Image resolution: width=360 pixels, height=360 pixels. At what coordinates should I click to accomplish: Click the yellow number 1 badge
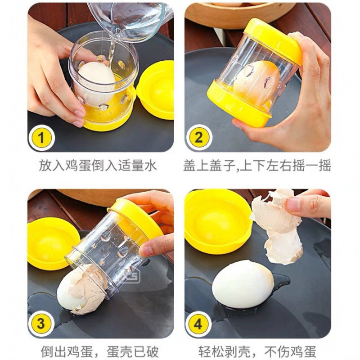pyautogui.click(x=41, y=138)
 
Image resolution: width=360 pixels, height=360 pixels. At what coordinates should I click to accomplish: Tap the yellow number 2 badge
pyautogui.click(x=199, y=138)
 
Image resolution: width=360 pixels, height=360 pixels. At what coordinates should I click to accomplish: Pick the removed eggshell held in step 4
pyautogui.click(x=275, y=227)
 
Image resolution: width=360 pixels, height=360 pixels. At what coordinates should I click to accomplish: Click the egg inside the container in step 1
pyautogui.click(x=96, y=81)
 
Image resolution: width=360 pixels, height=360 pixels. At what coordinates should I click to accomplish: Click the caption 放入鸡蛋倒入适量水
pyautogui.click(x=98, y=166)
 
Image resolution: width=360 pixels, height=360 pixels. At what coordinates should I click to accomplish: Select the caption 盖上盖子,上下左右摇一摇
pyautogui.click(x=257, y=166)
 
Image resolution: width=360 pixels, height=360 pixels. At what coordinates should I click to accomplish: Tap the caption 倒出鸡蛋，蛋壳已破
pyautogui.click(x=99, y=351)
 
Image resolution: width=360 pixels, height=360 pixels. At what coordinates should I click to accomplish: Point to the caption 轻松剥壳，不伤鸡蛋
pyautogui.click(x=257, y=351)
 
